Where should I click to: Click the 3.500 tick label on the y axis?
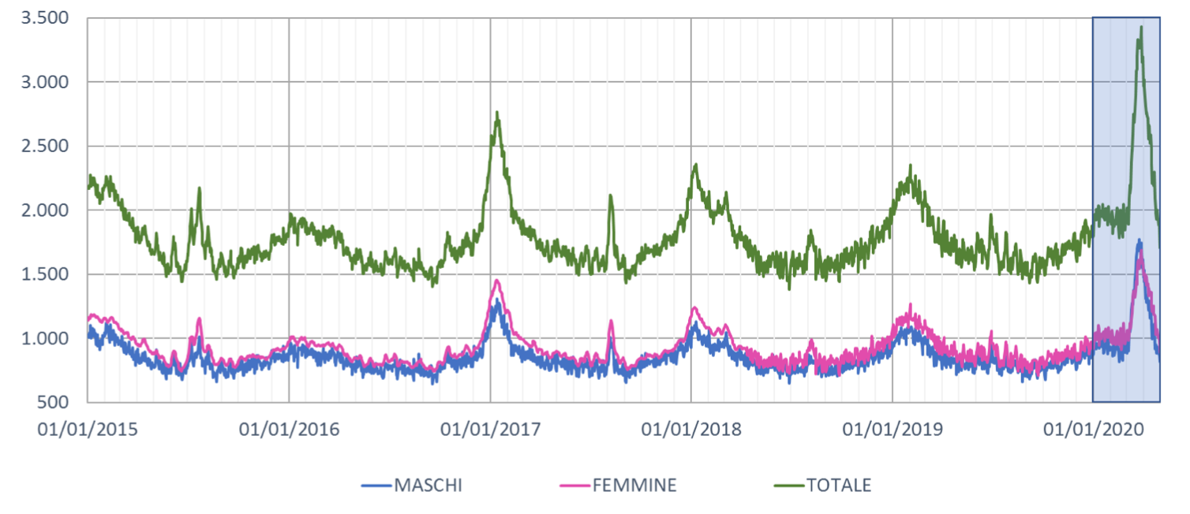[x=46, y=18]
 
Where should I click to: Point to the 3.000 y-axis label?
[x=46, y=82]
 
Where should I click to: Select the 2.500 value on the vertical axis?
[x=46, y=147]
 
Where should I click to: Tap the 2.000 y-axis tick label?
[x=46, y=210]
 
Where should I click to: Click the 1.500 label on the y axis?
[x=46, y=275]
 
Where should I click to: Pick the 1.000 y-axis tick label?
[x=46, y=339]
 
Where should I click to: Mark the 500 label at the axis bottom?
[x=55, y=403]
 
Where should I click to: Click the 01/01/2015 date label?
[x=88, y=430]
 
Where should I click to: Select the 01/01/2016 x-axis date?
[x=290, y=430]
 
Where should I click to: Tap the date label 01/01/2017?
[x=491, y=430]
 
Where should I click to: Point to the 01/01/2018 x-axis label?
[x=692, y=430]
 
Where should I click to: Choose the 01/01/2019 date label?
[x=893, y=430]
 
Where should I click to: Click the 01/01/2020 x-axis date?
[x=1094, y=430]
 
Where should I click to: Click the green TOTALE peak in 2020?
[x=1140, y=28]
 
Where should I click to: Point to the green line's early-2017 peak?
[x=497, y=113]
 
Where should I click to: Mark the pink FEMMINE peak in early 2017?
[x=497, y=281]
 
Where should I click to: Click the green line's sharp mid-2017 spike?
[x=610, y=196]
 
